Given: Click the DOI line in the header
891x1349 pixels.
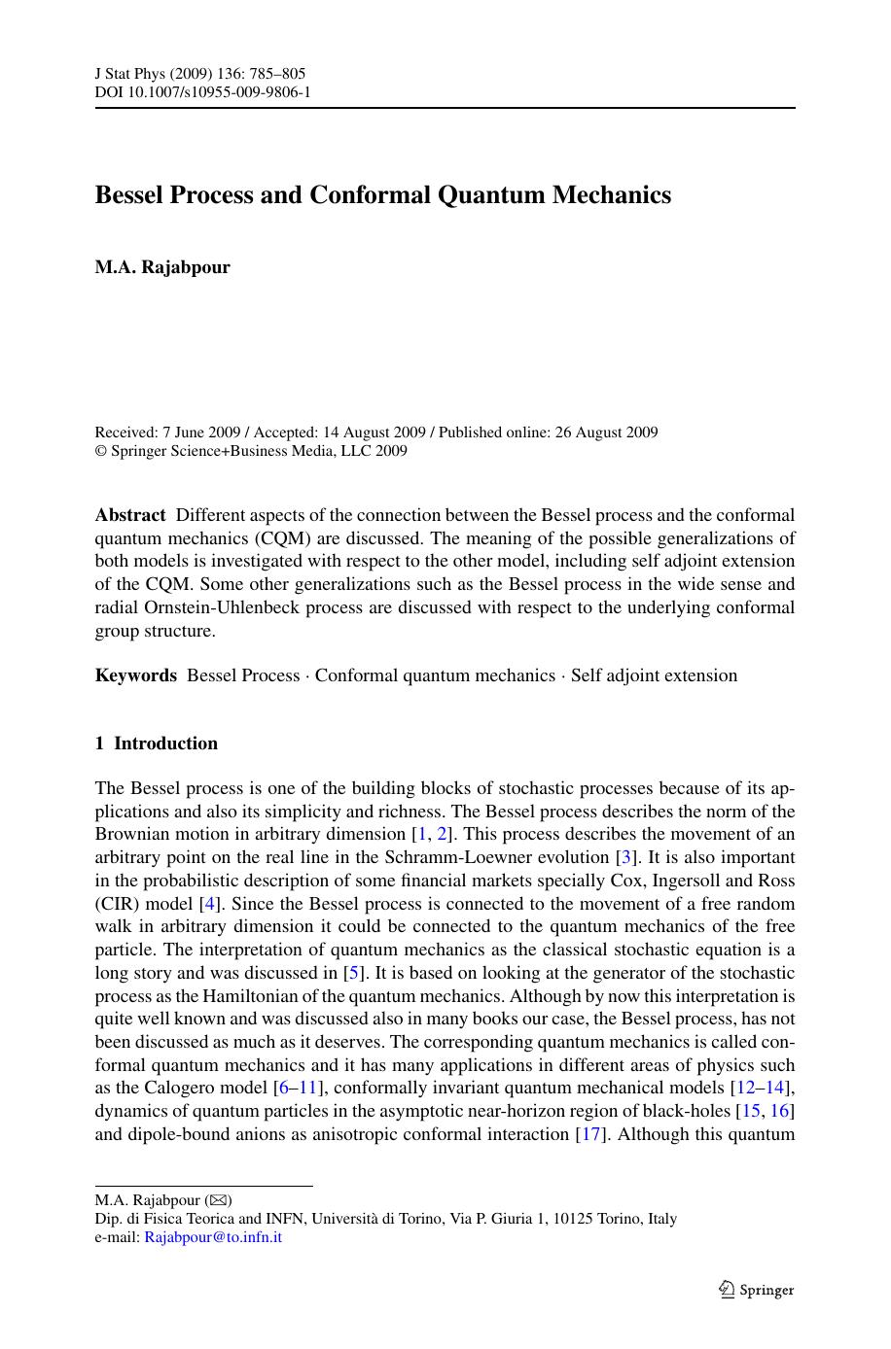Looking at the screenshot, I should click(202, 92).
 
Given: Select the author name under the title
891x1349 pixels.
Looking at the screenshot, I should click(162, 267).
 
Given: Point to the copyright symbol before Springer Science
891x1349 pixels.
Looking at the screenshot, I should click(100, 451).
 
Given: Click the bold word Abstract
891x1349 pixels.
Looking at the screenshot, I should click(130, 515).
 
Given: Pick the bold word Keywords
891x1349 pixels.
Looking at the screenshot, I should click(136, 675).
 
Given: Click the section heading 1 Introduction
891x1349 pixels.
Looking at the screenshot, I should click(157, 744).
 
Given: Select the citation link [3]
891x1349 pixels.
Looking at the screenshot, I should click(627, 857).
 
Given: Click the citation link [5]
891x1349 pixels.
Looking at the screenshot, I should click(354, 973).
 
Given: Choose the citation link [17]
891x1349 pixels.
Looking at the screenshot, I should click(590, 1134).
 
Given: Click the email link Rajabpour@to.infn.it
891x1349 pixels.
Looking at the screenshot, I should click(213, 1237).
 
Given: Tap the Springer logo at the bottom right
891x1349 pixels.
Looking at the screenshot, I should click(756, 1290).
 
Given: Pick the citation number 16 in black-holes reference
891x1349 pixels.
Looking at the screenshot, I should click(780, 1111).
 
